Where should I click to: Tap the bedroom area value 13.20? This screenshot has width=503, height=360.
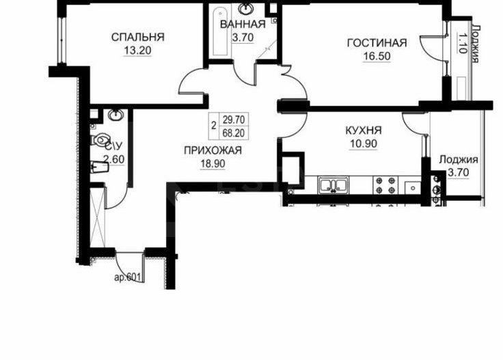[137, 50]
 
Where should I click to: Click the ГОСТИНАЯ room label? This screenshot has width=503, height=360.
[377, 44]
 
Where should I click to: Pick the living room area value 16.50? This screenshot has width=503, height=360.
[377, 57]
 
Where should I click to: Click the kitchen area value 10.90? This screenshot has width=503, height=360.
[362, 143]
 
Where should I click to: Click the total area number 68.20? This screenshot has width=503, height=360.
[234, 131]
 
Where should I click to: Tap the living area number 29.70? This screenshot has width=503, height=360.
[234, 119]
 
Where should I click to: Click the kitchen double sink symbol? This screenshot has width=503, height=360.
[334, 184]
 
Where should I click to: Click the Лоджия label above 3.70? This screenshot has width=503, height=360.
[458, 161]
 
